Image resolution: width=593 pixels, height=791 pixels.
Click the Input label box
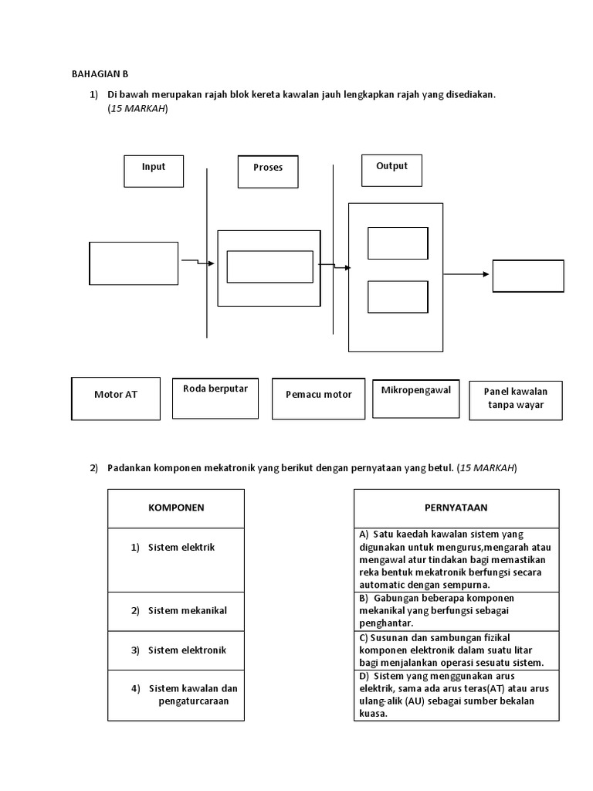click(154, 171)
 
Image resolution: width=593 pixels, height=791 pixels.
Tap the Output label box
click(391, 170)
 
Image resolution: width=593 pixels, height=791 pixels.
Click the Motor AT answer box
click(116, 399)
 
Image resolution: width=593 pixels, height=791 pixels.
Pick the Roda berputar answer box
click(215, 398)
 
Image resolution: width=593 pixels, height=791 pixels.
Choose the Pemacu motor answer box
click(318, 399)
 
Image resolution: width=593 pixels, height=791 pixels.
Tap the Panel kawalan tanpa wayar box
click(516, 399)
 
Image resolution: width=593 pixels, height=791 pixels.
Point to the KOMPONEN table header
click(176, 508)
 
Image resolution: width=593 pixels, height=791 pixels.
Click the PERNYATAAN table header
click(456, 508)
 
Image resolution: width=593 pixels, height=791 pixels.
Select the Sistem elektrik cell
click(176, 559)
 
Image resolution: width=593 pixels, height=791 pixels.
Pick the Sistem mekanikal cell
click(176, 611)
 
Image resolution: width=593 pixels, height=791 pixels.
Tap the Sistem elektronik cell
click(176, 650)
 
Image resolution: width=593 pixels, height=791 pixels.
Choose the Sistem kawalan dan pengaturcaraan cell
click(176, 694)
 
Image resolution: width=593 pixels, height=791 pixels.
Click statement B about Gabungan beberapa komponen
click(456, 611)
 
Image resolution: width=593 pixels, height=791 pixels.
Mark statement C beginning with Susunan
click(456, 650)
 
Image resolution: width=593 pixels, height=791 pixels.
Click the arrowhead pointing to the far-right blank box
click(486, 273)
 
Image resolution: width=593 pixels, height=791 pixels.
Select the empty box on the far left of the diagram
click(134, 263)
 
